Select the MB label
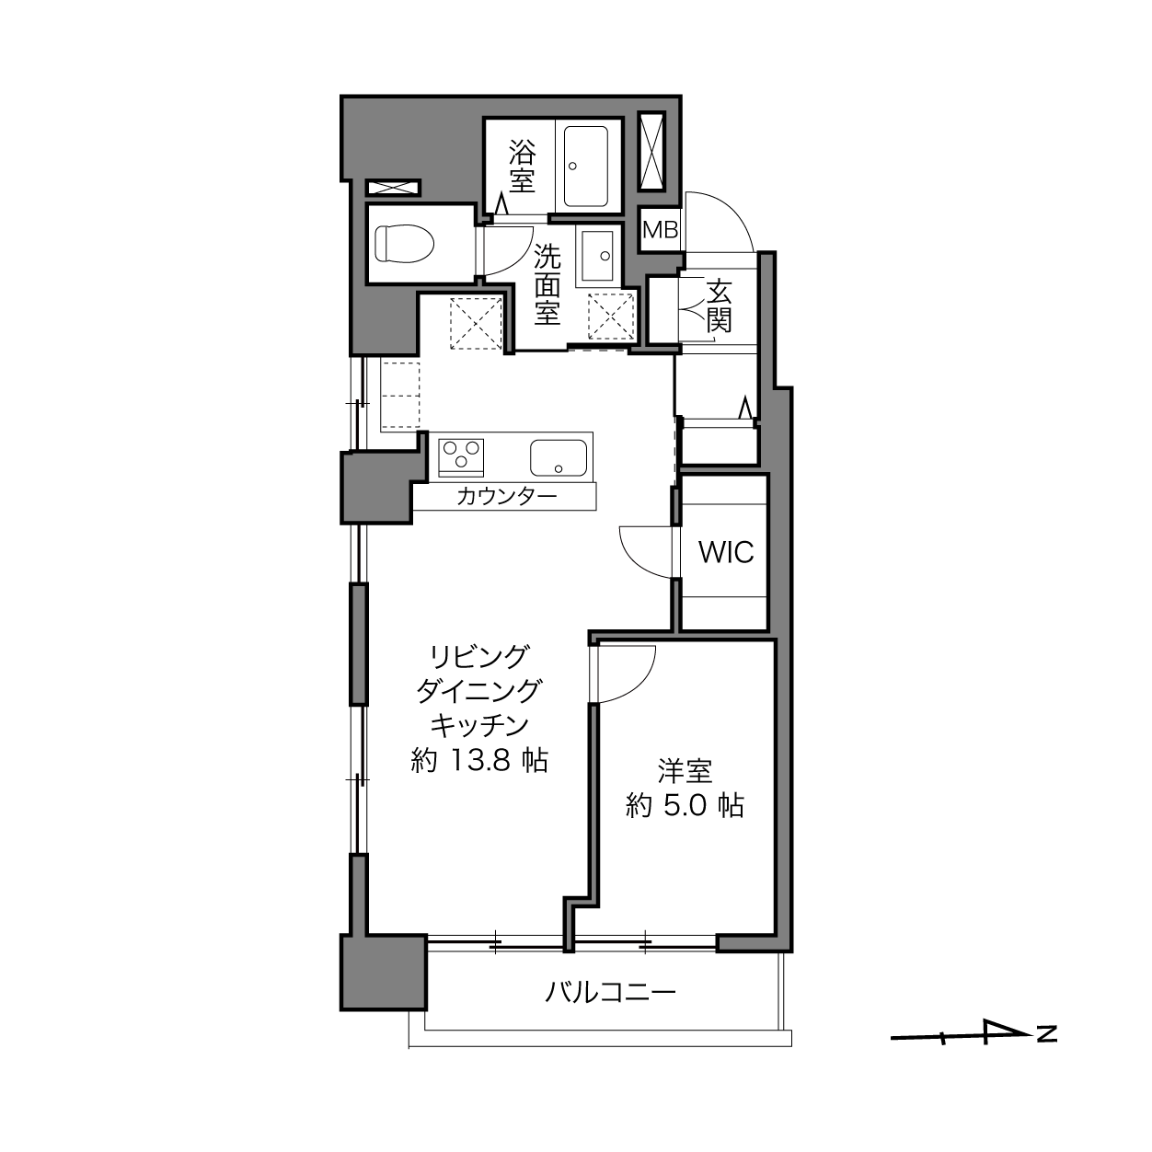point(661,229)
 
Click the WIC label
point(726,552)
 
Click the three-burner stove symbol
point(461,457)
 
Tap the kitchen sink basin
point(559,458)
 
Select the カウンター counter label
point(506,496)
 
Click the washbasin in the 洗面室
point(595,254)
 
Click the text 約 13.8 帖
point(479,761)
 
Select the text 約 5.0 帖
point(685,806)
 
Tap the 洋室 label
point(685,771)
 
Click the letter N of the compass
point(1047,1033)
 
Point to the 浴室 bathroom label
point(522,166)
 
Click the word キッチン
point(479,726)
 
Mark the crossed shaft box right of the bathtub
point(651,151)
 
